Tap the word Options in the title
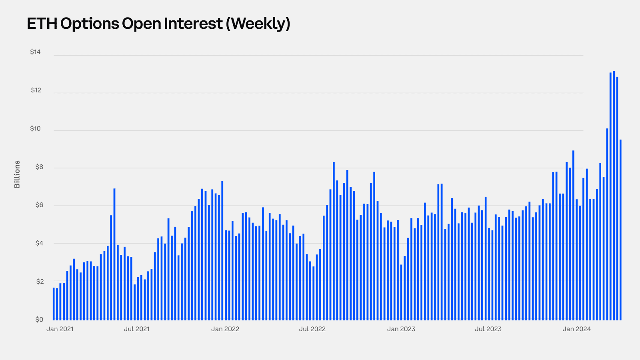pos(90,24)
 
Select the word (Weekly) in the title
pos(258,24)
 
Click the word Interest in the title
pos(193,24)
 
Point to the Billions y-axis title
pos(17,174)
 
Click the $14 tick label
pos(36,52)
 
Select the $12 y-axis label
pos(36,90)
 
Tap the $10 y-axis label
pos(36,128)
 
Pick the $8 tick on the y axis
pos(39,166)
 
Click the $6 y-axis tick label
pos(39,205)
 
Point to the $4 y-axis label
pos(39,243)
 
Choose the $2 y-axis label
pos(40,282)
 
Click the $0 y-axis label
pos(39,320)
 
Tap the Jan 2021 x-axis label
pos(60,329)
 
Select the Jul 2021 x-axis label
pos(136,329)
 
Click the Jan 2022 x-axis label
pos(225,329)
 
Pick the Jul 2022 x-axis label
pos(312,329)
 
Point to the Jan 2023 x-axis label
pos(401,329)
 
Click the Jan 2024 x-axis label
pos(576,329)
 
